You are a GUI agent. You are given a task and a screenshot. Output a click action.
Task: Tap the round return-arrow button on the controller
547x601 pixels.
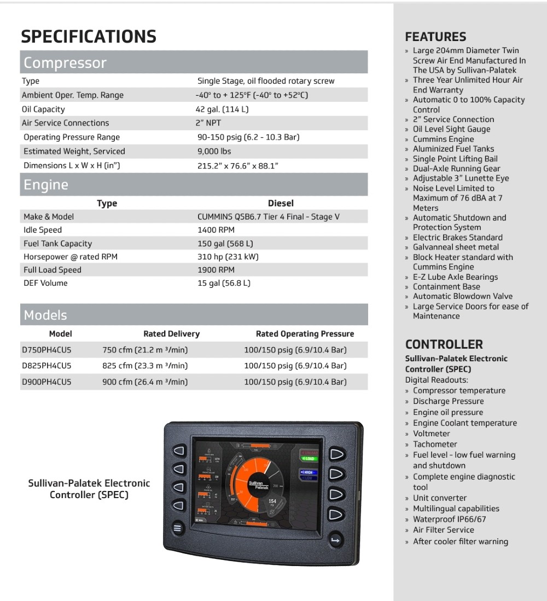(335, 541)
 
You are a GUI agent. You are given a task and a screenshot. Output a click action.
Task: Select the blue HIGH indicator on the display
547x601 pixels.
(308, 472)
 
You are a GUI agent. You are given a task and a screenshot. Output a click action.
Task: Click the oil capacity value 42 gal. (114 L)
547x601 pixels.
(223, 109)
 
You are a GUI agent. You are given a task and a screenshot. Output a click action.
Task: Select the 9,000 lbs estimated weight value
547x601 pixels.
(214, 151)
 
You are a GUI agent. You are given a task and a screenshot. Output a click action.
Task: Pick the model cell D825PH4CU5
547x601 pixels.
(46, 366)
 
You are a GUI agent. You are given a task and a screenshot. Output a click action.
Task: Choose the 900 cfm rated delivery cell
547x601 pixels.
(145, 382)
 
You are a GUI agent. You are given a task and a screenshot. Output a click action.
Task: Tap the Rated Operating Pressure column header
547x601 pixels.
(305, 334)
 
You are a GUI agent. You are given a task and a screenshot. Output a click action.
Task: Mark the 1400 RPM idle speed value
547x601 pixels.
(216, 230)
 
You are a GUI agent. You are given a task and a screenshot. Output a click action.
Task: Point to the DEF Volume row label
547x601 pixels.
(45, 283)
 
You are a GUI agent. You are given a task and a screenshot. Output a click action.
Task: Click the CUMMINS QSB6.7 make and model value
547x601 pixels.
(268, 217)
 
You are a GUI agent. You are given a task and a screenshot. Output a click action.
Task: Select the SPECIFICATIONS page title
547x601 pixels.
(89, 37)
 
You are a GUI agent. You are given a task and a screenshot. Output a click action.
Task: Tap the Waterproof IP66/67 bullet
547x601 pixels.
(449, 519)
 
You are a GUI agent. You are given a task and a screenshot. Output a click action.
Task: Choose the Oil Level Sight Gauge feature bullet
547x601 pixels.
(451, 129)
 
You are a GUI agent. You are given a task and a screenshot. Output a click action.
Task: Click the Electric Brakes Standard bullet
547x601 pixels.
(457, 238)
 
